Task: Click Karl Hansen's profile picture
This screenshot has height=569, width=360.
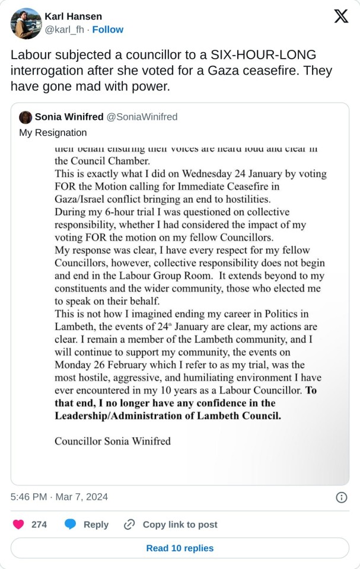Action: [x=26, y=23]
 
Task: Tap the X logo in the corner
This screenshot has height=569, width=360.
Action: [x=341, y=17]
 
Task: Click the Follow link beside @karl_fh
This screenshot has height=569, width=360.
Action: [x=108, y=30]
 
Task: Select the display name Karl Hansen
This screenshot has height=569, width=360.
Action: [x=74, y=16]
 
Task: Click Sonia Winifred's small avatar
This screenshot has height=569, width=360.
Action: [x=26, y=117]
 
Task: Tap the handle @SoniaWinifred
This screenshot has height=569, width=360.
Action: [x=142, y=117]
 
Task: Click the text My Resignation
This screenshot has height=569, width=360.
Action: [x=53, y=132]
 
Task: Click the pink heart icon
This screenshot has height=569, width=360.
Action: [x=19, y=525]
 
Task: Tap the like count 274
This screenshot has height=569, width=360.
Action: [x=39, y=525]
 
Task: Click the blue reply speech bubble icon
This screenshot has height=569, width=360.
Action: [x=71, y=525]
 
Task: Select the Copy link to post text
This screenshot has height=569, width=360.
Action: [x=180, y=525]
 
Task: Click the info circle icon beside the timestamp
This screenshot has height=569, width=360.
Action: [x=341, y=497]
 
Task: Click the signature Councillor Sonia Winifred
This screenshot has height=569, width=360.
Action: [x=113, y=441]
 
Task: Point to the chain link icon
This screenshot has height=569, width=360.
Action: [x=129, y=525]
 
